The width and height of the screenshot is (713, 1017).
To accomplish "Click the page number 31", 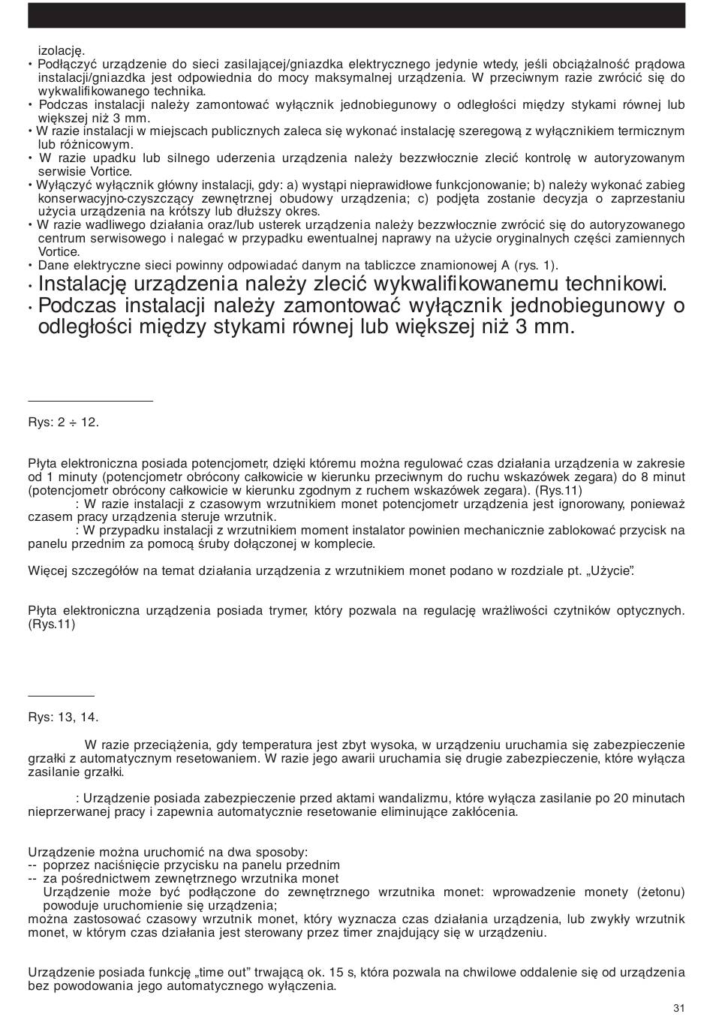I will (x=678, y=1007).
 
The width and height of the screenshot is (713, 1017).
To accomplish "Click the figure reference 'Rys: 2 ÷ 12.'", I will (x=63, y=423).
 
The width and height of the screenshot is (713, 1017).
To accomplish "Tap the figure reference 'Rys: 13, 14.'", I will (x=63, y=717).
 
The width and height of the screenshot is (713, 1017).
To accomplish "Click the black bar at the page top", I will (x=356, y=15).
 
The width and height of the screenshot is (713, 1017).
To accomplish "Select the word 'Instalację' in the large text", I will (x=82, y=284).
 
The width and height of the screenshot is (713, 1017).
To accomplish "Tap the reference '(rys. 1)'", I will (x=534, y=266).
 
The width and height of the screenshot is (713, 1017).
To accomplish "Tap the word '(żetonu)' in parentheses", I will (x=660, y=892).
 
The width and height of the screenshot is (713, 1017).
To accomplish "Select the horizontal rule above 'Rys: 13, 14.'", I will (x=61, y=697).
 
